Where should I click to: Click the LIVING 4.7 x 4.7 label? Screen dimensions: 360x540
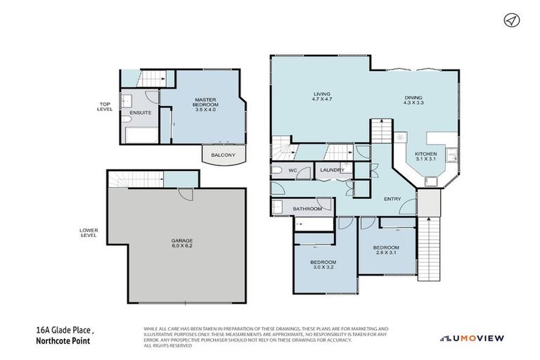[x=322, y=97]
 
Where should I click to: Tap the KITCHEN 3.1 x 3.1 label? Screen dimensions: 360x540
[x=426, y=157]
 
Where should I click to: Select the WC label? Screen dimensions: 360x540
[x=293, y=170]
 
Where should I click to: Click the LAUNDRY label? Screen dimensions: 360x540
[x=331, y=170]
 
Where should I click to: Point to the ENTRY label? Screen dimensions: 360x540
[x=392, y=199]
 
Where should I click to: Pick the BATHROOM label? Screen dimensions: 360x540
[x=308, y=209]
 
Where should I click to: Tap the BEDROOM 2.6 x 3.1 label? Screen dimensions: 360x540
[x=386, y=250]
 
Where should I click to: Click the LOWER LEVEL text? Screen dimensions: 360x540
[x=89, y=232]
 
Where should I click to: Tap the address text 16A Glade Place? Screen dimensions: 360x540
[x=66, y=330]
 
